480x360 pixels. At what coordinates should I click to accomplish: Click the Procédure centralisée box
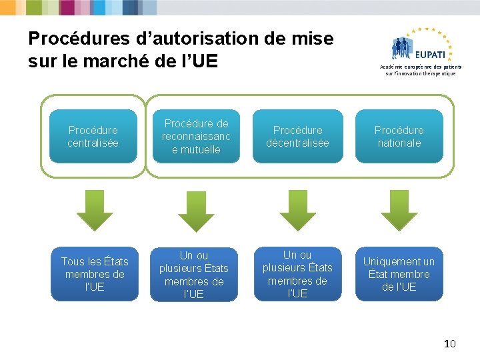(93, 137)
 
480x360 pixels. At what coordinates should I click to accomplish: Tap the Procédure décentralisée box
(297, 137)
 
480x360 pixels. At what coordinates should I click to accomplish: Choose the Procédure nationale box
(399, 137)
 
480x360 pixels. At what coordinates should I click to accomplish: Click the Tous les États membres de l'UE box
(95, 274)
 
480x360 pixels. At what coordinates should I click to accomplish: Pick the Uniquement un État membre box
(399, 274)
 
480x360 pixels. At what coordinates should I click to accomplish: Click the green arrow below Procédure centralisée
(95, 210)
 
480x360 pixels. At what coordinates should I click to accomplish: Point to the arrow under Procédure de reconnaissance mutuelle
(196, 210)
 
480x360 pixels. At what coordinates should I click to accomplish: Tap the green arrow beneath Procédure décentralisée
(297, 210)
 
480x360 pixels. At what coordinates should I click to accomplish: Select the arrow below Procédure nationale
(399, 210)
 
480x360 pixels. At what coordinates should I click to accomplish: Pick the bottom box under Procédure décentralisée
(297, 274)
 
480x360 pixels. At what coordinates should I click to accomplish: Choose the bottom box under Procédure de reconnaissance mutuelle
(194, 274)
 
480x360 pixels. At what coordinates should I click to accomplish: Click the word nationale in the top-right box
(399, 143)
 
